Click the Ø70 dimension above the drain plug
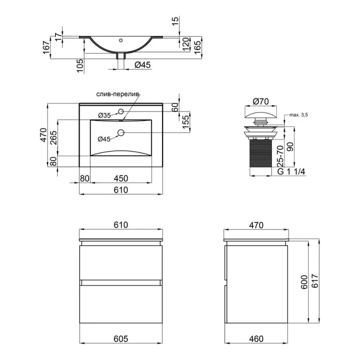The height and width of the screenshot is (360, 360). coord(261,102)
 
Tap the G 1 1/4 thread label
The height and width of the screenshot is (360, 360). coord(292,172)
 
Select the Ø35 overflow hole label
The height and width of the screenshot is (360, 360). coord(104,115)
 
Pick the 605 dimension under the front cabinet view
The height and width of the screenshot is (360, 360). coord(121,339)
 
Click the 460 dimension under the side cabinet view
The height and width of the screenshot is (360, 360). coord(256,339)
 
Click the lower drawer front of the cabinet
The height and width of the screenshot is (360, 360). coord(121,302)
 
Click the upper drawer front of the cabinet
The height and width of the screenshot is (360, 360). coord(121,262)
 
